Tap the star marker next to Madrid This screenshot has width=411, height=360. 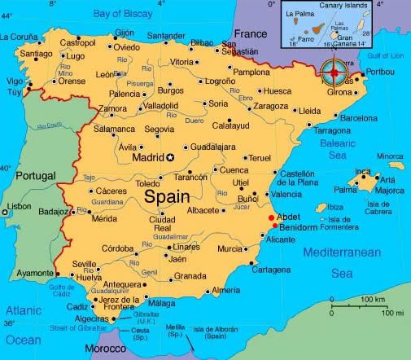[171, 157]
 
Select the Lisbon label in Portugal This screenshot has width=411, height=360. [19, 206]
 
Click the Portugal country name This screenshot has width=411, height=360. [30, 175]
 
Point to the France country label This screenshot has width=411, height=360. [250, 34]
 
